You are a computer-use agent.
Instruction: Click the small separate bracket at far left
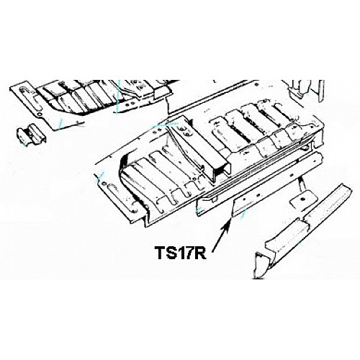[31, 135]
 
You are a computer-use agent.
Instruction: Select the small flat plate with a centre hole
[301, 200]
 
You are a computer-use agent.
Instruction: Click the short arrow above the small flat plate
[301, 183]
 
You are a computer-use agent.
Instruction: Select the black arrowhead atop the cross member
[190, 122]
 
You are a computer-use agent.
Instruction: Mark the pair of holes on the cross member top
[186, 132]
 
